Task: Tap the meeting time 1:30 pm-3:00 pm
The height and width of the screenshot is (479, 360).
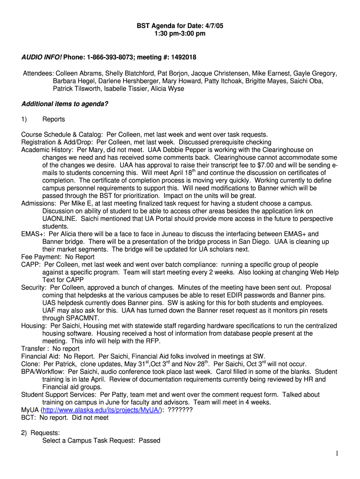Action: click(x=180, y=34)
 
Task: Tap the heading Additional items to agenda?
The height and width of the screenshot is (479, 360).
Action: click(x=65, y=104)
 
